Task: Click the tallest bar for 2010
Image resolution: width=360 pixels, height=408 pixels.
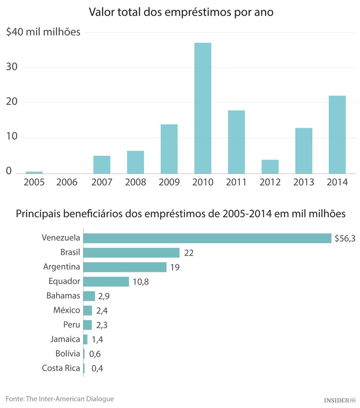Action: click(203, 108)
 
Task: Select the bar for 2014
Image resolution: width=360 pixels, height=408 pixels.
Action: click(337, 135)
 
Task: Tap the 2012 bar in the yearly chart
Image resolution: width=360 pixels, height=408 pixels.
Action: click(270, 166)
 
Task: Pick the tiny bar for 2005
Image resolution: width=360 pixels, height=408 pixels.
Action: click(34, 172)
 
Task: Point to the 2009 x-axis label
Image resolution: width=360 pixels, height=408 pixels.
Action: click(169, 183)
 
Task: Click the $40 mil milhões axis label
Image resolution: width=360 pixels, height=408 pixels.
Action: click(43, 32)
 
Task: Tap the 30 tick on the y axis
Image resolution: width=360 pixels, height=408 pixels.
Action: click(12, 67)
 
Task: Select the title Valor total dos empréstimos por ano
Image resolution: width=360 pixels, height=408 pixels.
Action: click(181, 12)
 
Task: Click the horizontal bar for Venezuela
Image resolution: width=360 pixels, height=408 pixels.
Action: click(207, 238)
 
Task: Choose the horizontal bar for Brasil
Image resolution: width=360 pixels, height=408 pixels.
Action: click(131, 253)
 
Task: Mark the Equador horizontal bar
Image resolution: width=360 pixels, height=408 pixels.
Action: click(106, 282)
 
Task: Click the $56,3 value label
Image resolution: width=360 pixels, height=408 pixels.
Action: click(345, 238)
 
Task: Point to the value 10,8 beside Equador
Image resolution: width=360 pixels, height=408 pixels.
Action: click(141, 282)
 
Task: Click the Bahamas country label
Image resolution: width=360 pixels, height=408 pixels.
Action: click(63, 296)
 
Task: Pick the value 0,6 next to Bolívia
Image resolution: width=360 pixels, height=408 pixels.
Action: click(95, 354)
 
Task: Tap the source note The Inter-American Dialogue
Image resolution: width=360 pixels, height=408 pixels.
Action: click(60, 399)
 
